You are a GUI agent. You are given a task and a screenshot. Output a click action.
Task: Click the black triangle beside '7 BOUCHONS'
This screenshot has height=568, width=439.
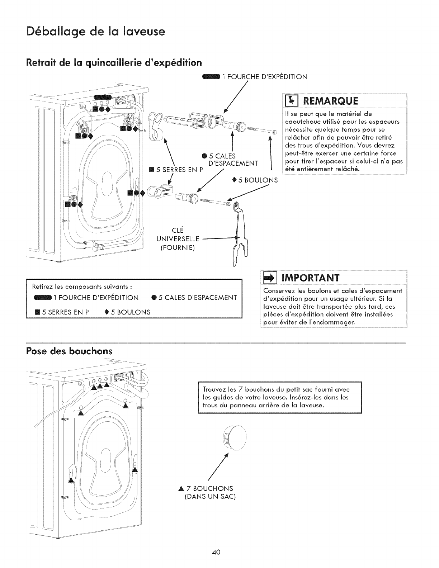(182, 488)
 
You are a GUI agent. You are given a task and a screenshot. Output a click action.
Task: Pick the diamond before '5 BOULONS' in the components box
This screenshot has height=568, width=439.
(107, 312)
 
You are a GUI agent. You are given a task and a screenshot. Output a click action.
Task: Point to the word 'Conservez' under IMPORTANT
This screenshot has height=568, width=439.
(278, 290)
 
